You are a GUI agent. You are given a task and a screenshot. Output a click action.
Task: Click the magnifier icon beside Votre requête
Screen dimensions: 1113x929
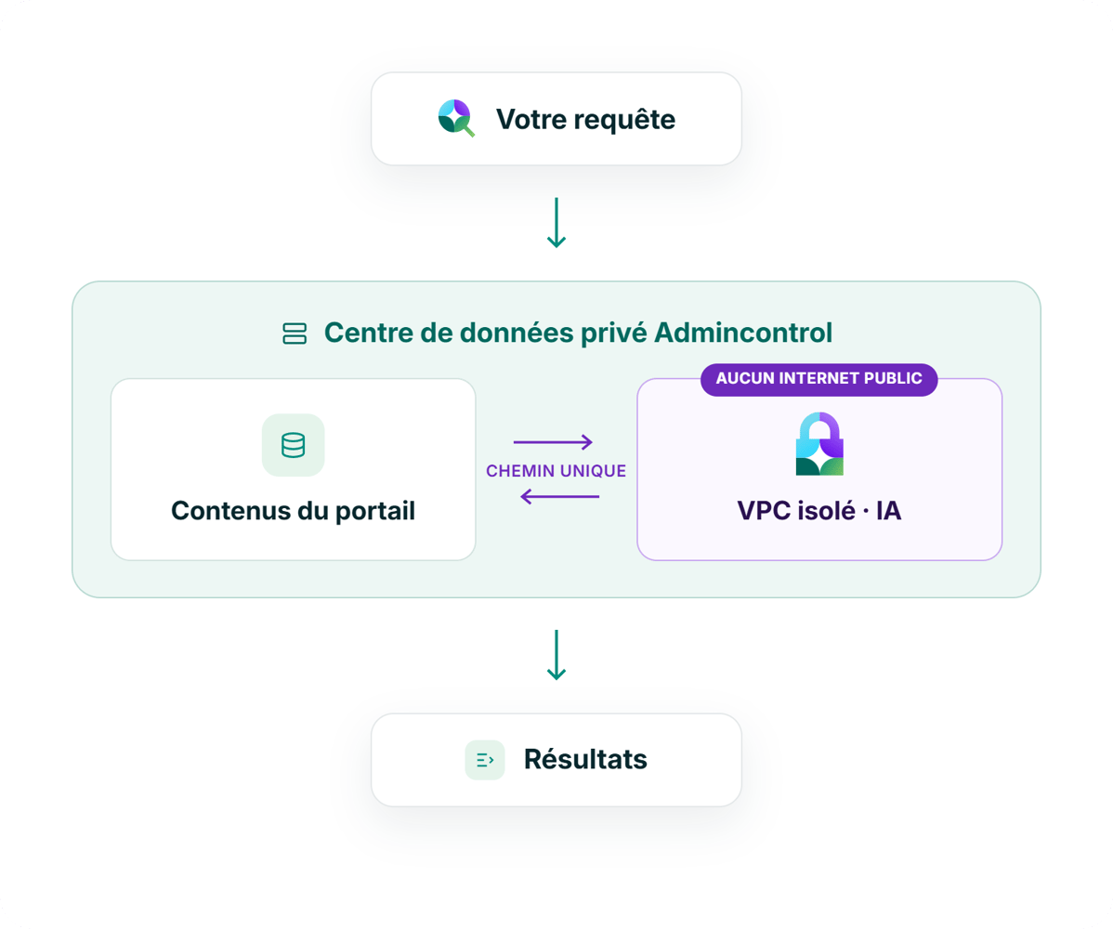click(456, 118)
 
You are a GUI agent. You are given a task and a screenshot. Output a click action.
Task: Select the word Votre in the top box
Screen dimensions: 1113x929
click(530, 119)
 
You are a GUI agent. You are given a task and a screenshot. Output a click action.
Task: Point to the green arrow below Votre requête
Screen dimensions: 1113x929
click(556, 222)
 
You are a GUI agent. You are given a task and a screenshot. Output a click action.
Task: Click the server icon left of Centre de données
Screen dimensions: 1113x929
click(295, 334)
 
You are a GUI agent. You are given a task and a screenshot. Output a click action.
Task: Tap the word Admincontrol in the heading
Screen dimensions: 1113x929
click(743, 333)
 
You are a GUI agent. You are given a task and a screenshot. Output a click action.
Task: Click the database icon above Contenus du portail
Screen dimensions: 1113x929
click(294, 445)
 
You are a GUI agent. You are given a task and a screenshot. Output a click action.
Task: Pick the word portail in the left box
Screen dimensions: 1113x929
click(374, 512)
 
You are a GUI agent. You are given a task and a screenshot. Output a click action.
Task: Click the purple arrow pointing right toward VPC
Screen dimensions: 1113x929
click(553, 442)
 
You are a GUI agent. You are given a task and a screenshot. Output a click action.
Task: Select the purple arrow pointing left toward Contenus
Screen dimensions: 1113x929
click(560, 497)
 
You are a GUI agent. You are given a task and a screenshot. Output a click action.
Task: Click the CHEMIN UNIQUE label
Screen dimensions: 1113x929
click(556, 471)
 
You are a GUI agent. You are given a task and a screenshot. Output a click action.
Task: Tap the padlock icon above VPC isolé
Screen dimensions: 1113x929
click(819, 443)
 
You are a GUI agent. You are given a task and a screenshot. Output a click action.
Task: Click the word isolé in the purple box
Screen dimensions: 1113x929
click(826, 511)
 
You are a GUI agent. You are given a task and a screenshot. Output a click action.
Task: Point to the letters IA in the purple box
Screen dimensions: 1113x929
click(889, 511)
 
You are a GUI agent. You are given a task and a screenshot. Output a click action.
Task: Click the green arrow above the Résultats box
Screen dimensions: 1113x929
click(556, 654)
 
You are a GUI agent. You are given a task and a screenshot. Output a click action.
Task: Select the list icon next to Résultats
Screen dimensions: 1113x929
click(485, 760)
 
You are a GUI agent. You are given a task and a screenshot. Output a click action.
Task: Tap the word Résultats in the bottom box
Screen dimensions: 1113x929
click(585, 759)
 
